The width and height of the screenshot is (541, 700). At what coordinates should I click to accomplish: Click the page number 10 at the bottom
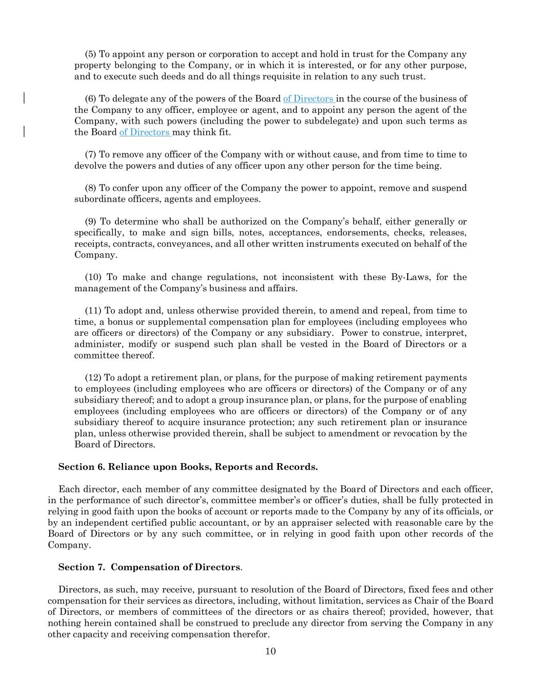point(270,651)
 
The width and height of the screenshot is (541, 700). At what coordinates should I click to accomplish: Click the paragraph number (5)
point(90,54)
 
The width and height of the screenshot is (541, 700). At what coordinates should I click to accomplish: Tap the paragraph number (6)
point(90,99)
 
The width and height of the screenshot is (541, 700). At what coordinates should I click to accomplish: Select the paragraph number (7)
point(90,154)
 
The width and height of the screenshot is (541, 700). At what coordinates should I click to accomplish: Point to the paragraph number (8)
point(90,188)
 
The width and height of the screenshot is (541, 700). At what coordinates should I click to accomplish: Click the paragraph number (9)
point(90,222)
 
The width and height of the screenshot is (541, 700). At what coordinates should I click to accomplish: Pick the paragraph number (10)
point(93,277)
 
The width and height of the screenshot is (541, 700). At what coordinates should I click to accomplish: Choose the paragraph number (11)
point(93,311)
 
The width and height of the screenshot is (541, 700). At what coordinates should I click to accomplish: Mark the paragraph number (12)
point(93,378)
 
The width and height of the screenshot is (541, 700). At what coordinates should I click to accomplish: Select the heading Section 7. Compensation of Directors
point(149,567)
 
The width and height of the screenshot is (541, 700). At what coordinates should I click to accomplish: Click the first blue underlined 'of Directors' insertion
point(308,99)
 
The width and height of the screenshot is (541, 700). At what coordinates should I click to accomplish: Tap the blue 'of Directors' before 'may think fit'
point(145,132)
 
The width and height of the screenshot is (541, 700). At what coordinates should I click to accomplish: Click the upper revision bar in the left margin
point(24,98)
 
